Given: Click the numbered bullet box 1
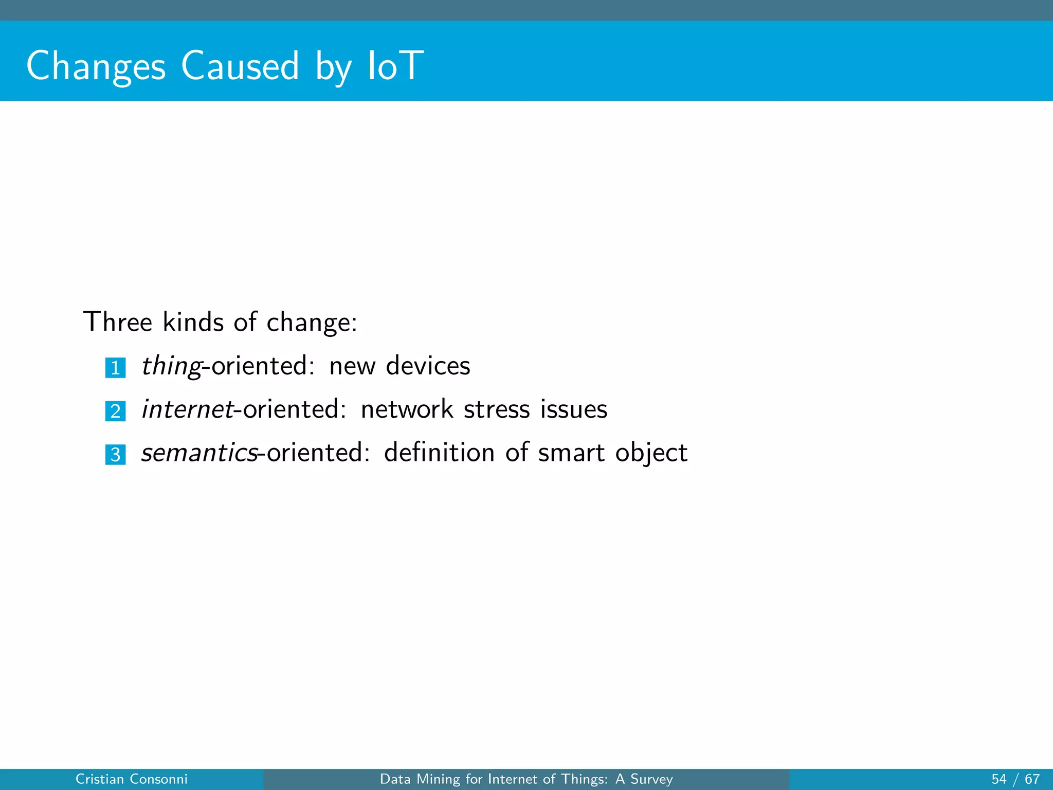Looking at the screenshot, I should [116, 368].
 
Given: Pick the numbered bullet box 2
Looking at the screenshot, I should [116, 411].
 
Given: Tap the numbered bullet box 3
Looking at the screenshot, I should [116, 455].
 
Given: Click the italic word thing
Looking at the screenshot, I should [171, 366].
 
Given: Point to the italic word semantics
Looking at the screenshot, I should [199, 453].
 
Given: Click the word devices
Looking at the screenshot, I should [428, 366].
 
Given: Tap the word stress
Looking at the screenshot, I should [497, 409].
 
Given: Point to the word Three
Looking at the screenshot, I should [118, 322].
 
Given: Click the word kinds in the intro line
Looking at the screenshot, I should [193, 322].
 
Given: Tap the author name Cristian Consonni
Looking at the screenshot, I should [132, 779].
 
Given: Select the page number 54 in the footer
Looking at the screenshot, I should [999, 779].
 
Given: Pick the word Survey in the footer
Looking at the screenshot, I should [651, 780].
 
